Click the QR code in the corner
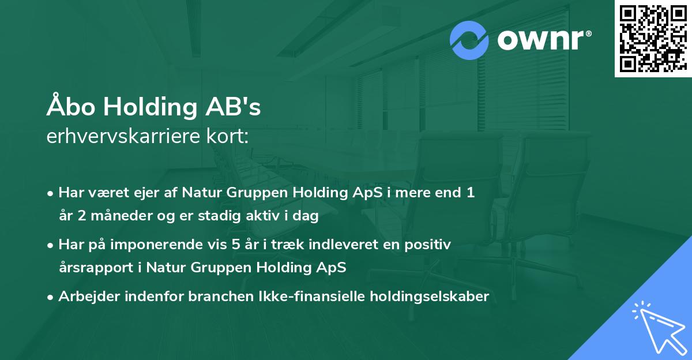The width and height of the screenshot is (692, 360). pyautogui.click(x=652, y=38)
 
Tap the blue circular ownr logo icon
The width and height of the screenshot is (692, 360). pyautogui.click(x=469, y=40)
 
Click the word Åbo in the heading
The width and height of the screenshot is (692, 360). pyautogui.click(x=66, y=107)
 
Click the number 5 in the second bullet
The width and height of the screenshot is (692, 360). pyautogui.click(x=235, y=245)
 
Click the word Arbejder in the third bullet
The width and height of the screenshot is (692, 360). pyautogui.click(x=85, y=297)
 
